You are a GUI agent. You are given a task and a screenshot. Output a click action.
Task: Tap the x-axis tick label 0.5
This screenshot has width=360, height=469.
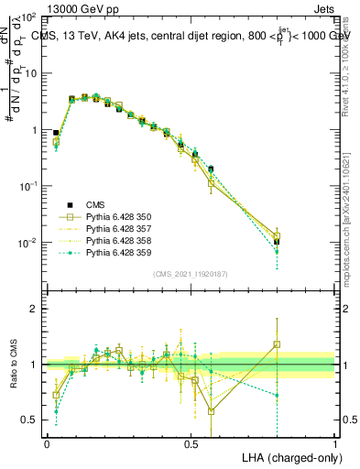[191, 442]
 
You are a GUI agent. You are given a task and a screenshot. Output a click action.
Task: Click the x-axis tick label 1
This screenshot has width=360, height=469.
[334, 442]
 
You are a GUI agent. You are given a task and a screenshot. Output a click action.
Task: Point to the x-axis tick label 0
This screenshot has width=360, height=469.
[47, 442]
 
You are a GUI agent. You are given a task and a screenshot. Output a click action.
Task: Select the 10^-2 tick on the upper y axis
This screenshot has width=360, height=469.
[27, 243]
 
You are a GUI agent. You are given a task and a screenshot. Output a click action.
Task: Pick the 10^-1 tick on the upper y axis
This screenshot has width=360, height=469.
[27, 186]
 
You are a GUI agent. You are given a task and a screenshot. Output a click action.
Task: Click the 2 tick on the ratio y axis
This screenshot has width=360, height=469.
[35, 309]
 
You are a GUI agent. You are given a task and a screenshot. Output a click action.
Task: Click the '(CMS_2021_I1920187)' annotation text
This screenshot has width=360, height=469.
[191, 274]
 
